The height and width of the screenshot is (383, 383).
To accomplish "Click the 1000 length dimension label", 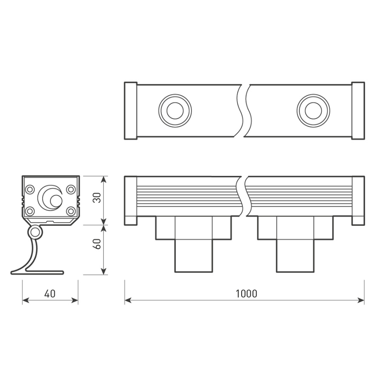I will click(246, 294).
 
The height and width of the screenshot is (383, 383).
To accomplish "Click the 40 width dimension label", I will click(50, 294).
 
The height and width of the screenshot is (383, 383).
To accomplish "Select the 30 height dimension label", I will click(97, 198).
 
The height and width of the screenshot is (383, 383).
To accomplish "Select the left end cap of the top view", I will click(130, 111).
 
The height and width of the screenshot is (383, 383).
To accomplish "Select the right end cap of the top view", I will click(358, 111).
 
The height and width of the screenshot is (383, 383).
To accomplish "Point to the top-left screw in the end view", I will click(30, 189).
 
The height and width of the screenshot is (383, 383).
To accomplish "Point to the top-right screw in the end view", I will click(71, 189).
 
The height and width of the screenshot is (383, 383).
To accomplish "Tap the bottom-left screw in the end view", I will click(30, 211).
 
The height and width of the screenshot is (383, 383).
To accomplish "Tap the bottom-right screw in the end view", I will click(71, 211).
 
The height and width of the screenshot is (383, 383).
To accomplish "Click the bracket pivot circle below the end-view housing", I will click(35, 232).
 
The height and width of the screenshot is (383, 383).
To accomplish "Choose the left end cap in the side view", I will click(130, 200).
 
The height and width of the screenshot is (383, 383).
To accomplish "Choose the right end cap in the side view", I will click(358, 200).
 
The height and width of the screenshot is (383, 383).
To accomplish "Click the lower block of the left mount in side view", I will click(194, 255).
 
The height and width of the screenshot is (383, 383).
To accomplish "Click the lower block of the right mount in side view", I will click(295, 255).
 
